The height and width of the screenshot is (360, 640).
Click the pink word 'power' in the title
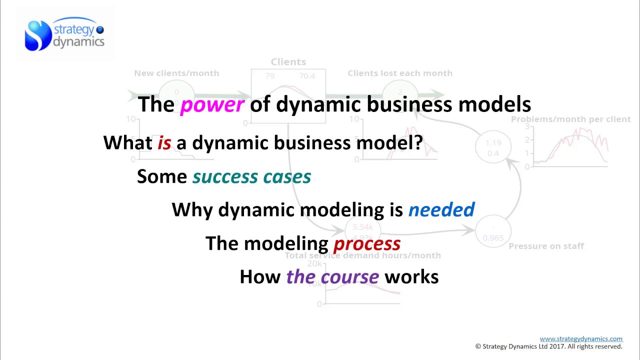pyautogui.click(x=212, y=105)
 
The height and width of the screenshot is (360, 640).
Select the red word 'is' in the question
pyautogui.click(x=164, y=143)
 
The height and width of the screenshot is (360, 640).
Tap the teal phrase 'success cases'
pyautogui.click(x=251, y=176)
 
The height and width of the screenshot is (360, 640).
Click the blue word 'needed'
pyautogui.click(x=441, y=210)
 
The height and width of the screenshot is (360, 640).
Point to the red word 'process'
pyautogui.click(x=366, y=243)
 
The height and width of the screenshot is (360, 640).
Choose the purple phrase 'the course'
pyautogui.click(x=332, y=277)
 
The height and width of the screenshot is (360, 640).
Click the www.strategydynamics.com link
pyautogui.click(x=581, y=339)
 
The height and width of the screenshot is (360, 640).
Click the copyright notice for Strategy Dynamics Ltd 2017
pyautogui.click(x=548, y=346)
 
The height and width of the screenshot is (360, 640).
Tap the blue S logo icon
pyautogui.click(x=38, y=35)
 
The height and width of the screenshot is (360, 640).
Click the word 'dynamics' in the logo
pyautogui.click(x=78, y=42)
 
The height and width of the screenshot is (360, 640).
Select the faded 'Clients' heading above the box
pyautogui.click(x=288, y=62)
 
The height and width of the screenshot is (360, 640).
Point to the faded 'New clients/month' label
pyautogui.click(x=176, y=73)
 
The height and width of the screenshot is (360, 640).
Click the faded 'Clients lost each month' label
pyautogui.click(x=400, y=73)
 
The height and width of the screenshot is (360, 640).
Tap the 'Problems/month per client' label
pyautogui.click(x=570, y=119)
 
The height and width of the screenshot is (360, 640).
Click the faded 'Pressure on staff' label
pyautogui.click(x=546, y=246)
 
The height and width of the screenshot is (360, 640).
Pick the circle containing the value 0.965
pyautogui.click(x=493, y=233)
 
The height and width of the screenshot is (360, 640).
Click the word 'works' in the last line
pyautogui.click(x=411, y=277)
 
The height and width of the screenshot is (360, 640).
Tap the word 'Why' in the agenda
pyautogui.click(x=192, y=210)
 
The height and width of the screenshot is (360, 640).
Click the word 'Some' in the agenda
pyautogui.click(x=161, y=176)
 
